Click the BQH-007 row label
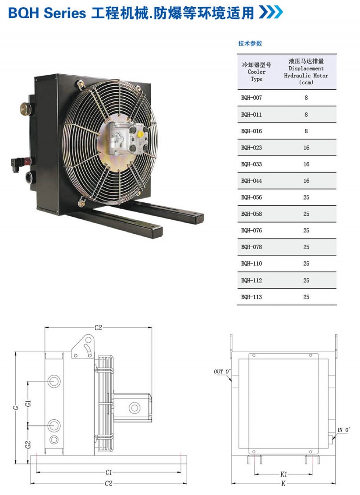pos(252,98)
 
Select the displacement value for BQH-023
pos(306,148)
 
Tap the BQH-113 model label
pos(252,297)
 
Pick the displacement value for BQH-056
pos(306,197)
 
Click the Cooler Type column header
pos(256,72)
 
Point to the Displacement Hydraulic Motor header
pos(306,72)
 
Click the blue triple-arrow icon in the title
pos(271,12)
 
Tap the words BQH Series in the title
pos(47,13)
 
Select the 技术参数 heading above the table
pos(250,44)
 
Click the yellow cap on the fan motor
pos(140,135)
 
